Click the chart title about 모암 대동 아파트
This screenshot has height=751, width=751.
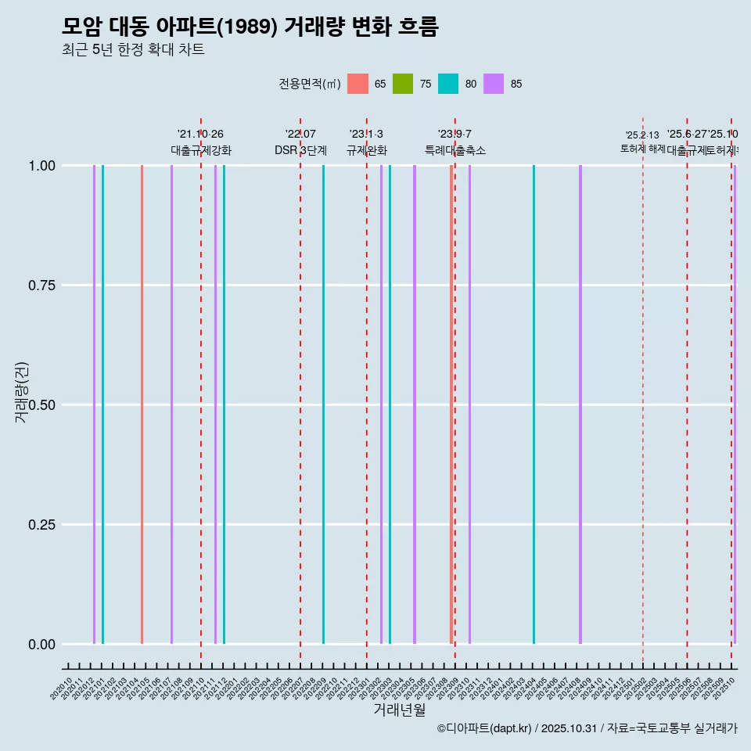click(x=250, y=27)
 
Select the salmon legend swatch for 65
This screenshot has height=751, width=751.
click(x=358, y=84)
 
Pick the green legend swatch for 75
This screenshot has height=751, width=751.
click(x=403, y=84)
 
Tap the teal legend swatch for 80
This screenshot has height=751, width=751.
click(x=448, y=84)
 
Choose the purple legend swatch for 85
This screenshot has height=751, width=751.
click(x=494, y=84)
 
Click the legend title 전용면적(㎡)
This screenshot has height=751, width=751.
click(x=309, y=84)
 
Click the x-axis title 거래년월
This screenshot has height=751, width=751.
click(x=399, y=710)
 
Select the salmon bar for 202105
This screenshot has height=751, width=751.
click(x=142, y=404)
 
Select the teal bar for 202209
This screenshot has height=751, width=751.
click(x=323, y=404)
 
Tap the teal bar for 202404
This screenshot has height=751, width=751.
click(x=534, y=404)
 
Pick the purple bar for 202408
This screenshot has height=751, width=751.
click(x=580, y=404)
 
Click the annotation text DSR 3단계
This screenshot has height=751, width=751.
click(x=300, y=150)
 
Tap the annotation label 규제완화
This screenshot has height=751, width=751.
click(x=366, y=150)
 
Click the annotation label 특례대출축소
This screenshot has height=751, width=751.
click(x=455, y=150)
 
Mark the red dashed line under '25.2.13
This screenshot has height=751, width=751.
click(x=643, y=391)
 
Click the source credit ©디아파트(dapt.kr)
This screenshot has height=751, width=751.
click(x=484, y=728)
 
